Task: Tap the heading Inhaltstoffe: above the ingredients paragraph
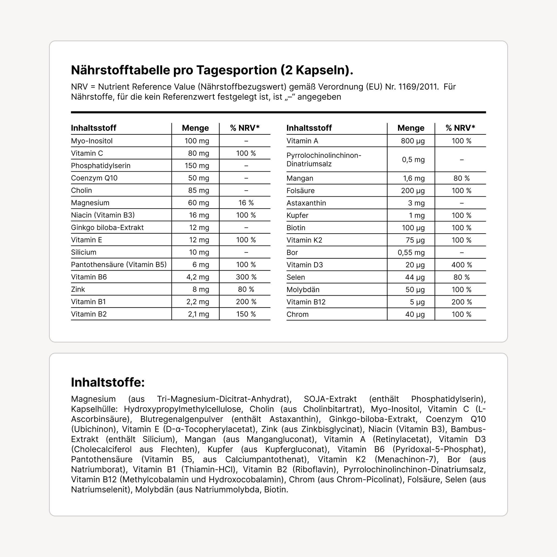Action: point(108,382)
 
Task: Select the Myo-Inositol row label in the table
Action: point(92,141)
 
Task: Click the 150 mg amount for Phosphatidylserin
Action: point(197,166)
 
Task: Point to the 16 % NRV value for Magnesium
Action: point(246,203)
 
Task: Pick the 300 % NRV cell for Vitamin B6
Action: point(246,277)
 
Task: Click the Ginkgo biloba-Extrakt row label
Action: point(107,228)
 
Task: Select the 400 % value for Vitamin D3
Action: point(462,265)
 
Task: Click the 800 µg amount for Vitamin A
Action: point(413,141)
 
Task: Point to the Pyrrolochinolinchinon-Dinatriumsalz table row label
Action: point(324,160)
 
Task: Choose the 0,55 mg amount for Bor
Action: point(411,253)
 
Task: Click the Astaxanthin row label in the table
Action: point(306,203)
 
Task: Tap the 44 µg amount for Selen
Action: point(415,277)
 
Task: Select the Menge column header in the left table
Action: point(195,128)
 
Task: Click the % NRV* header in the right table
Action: point(460,128)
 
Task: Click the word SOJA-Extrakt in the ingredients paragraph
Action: point(330,399)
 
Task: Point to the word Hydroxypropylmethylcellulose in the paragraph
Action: point(182,409)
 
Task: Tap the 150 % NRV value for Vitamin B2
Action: point(246,314)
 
